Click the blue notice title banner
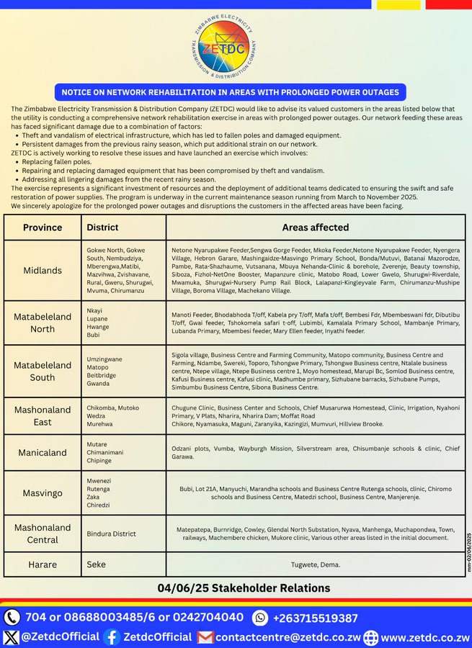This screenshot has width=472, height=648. [230, 92]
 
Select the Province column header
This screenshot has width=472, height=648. [43, 228]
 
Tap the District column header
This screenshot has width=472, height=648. [102, 228]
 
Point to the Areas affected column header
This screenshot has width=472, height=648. [315, 228]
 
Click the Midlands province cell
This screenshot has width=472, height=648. [43, 270]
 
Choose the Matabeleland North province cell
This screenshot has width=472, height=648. [43, 323]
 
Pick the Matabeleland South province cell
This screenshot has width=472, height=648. [43, 371]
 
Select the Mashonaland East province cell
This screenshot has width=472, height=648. [43, 415]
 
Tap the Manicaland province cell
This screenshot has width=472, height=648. [43, 453]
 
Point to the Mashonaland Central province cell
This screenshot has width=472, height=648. [43, 534]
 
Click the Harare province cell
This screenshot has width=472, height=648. [43, 564]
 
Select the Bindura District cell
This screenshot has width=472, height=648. [111, 534]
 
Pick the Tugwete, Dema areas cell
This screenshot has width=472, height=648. [315, 564]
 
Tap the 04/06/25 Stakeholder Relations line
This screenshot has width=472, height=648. [244, 588]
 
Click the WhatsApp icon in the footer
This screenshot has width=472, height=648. [260, 618]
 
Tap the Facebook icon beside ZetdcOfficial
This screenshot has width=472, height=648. [111, 637]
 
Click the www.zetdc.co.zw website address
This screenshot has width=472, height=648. [425, 637]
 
